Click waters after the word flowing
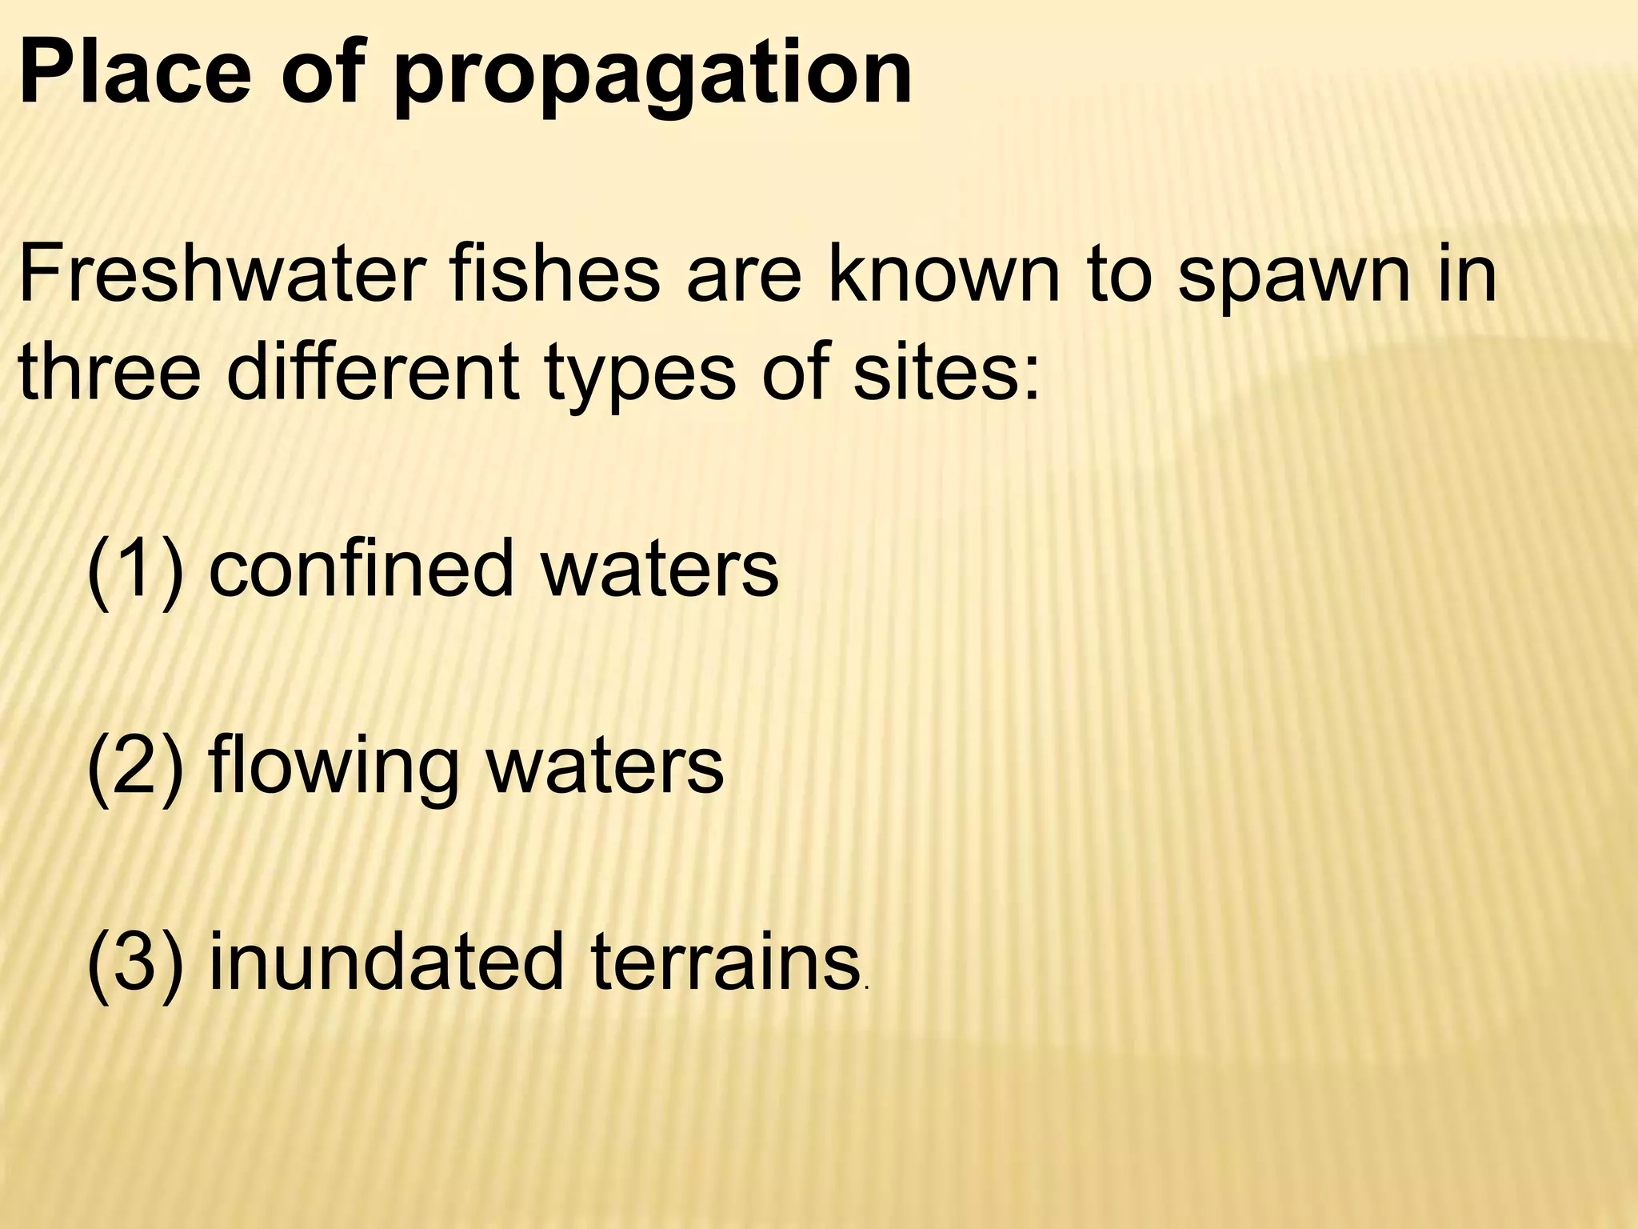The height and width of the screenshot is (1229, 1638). [x=605, y=766]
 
